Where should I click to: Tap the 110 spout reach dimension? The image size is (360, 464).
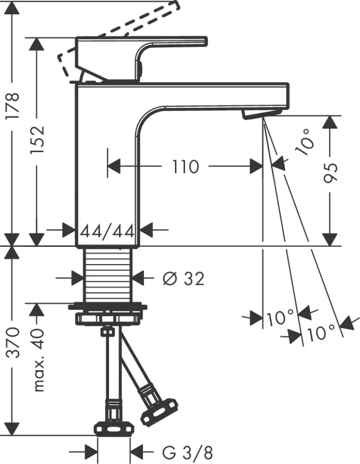coord(186,166)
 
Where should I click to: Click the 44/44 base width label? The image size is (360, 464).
coord(107,230)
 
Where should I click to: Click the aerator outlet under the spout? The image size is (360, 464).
coord(262,113)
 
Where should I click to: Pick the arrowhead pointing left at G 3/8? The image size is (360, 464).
coord(137,451)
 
